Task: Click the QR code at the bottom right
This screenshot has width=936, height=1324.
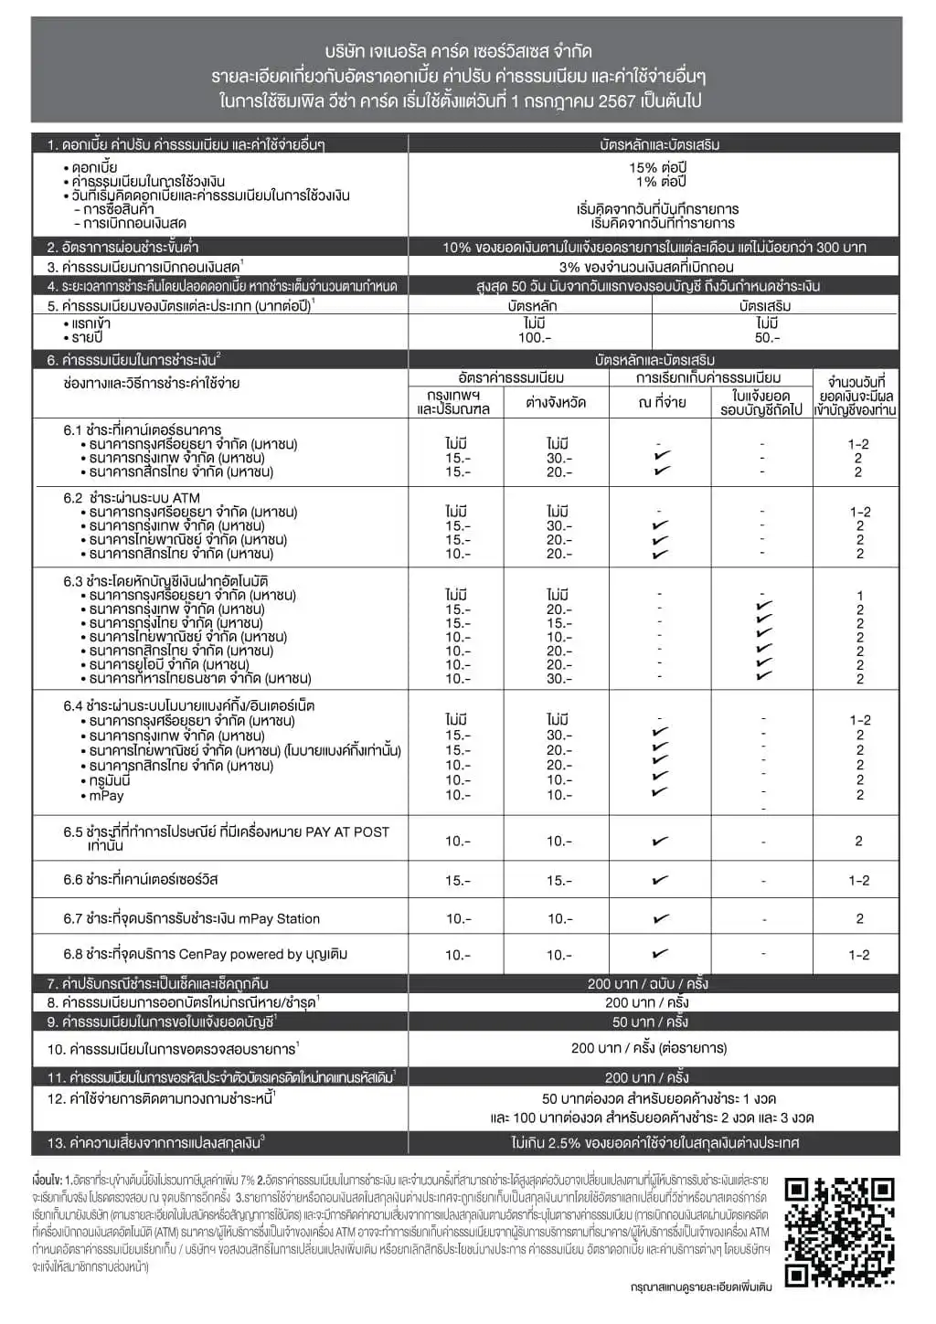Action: point(839,1233)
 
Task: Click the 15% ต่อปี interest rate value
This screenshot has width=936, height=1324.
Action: point(657,168)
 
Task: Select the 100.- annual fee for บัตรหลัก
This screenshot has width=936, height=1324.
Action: point(534,338)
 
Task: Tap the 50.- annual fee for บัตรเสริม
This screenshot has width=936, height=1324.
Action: point(767,338)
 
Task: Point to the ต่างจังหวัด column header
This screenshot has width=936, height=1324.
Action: point(556,403)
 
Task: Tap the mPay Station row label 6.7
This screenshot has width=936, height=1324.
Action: point(191,918)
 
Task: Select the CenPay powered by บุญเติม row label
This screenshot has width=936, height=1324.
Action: point(205,955)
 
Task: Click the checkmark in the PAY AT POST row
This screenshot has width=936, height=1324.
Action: point(661,842)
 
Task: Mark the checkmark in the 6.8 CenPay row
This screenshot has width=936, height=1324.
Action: point(661,955)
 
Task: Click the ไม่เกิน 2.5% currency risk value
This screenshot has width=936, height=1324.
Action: point(654,1143)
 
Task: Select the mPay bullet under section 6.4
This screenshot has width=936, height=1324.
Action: point(106,796)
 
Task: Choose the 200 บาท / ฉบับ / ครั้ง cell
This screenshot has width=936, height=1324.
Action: point(647,984)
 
